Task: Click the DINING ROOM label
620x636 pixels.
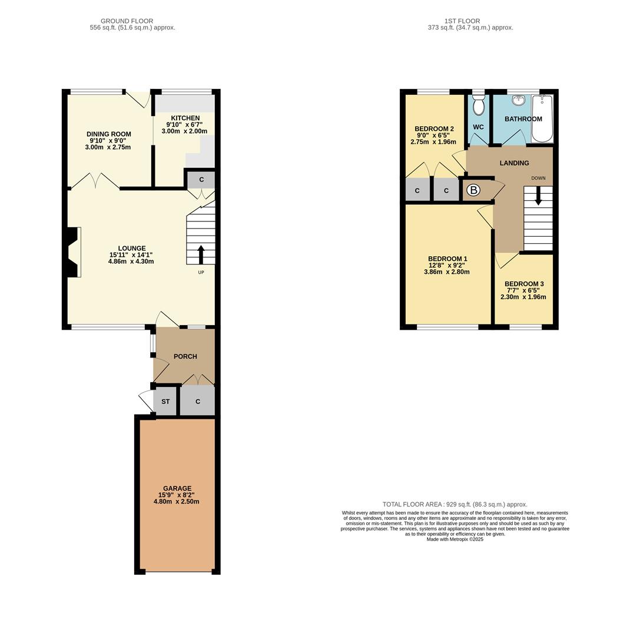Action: (x=109, y=134)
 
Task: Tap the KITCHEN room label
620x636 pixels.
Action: (x=185, y=118)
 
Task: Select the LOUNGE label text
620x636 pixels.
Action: (x=131, y=249)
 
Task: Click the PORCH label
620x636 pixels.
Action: (x=185, y=356)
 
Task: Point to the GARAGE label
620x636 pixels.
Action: (x=177, y=489)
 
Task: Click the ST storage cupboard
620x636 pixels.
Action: (x=165, y=402)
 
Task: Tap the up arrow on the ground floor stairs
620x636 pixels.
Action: (x=201, y=254)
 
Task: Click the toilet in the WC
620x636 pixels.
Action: (x=479, y=105)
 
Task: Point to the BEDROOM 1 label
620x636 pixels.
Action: (x=447, y=259)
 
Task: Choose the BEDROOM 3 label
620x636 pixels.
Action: (x=523, y=284)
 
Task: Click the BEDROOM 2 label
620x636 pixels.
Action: (x=434, y=129)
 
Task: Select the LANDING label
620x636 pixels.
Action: (x=514, y=163)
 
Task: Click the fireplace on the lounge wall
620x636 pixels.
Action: (x=73, y=252)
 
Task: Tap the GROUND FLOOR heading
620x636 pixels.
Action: (x=127, y=21)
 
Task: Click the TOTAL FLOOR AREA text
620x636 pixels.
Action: (x=455, y=504)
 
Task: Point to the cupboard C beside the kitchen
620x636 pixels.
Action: (x=201, y=180)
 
